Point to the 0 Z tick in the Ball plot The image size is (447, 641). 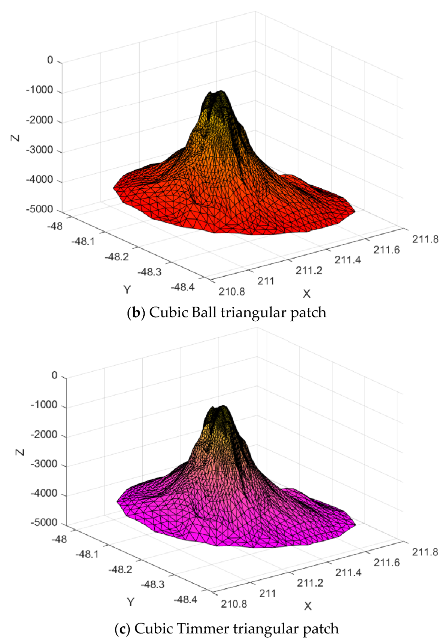pos(50,60)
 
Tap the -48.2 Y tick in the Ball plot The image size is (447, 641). pos(117,256)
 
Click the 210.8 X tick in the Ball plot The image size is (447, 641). pos(232,292)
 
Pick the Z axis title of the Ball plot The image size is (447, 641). pos(16,137)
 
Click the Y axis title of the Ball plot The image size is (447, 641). pos(127,290)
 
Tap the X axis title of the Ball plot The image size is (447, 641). pos(307,294)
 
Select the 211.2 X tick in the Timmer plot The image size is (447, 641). pos(310,583)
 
